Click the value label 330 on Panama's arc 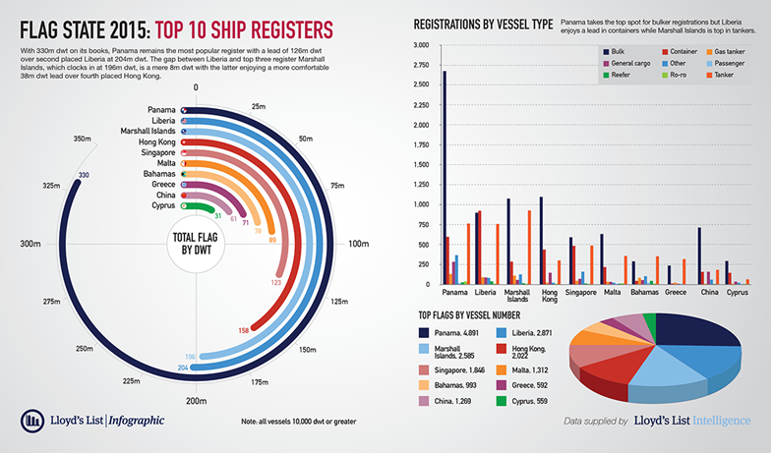click(x=84, y=176)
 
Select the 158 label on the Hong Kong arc click(x=243, y=330)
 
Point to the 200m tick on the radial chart click(x=197, y=401)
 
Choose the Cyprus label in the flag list click(x=163, y=206)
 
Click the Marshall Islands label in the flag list click(x=148, y=132)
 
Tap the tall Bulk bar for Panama click(x=444, y=178)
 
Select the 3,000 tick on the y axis click(x=421, y=46)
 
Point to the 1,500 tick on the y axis click(x=421, y=165)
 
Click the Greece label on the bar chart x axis click(x=676, y=293)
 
